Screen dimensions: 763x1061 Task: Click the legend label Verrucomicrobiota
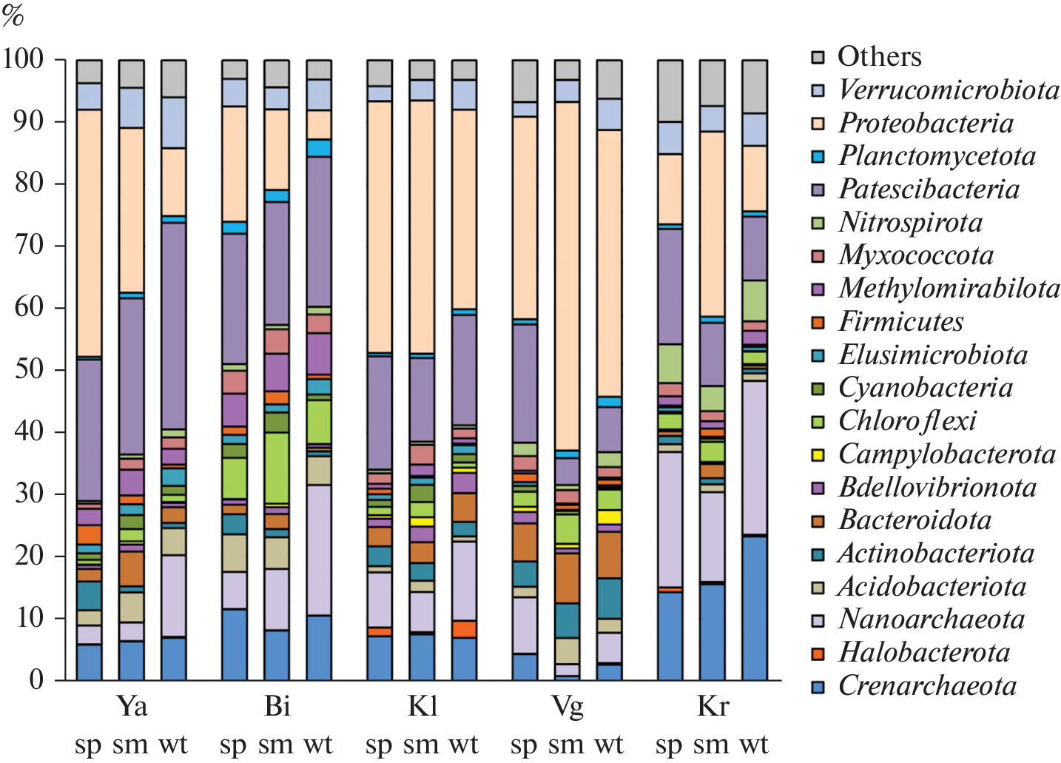pos(949,90)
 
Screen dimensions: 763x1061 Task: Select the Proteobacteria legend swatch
pos(818,124)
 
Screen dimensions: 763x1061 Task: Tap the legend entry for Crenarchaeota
pos(927,686)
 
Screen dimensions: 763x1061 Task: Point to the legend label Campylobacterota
pos(946,454)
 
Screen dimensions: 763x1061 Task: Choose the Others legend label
pos(879,57)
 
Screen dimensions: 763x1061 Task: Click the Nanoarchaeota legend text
pos(931,619)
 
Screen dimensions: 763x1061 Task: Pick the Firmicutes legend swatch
pos(818,322)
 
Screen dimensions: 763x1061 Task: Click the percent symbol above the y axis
pos(13,16)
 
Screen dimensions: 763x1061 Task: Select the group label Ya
pos(132,706)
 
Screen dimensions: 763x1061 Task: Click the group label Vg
pos(567,706)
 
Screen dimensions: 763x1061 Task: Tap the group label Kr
pos(713,706)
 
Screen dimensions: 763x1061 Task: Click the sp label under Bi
pos(233,744)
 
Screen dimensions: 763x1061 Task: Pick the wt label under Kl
pos(463,744)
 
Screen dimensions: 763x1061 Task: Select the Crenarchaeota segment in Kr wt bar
pos(755,608)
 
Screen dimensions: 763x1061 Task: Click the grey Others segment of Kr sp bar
pos(670,90)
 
